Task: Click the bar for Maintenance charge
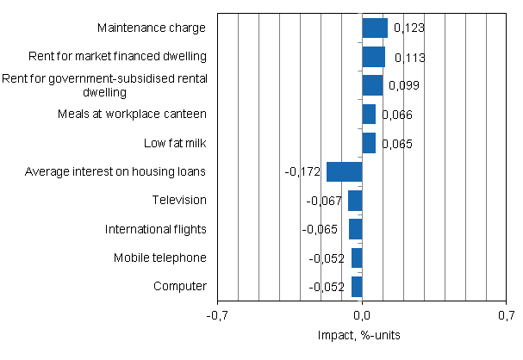tap(375, 28)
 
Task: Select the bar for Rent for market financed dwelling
tap(373, 57)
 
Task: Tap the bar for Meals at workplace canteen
tap(369, 114)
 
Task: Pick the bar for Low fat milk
tap(369, 143)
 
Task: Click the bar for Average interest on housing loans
tap(345, 171)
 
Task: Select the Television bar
tap(355, 200)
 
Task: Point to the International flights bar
tap(355, 229)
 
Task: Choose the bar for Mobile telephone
tap(357, 258)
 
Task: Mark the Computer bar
tap(357, 286)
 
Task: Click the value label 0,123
tap(408, 29)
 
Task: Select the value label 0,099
tap(403, 86)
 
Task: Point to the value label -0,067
tap(325, 201)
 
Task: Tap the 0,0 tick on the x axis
tap(362, 316)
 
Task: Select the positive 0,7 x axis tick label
tap(505, 316)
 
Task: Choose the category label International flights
tap(155, 229)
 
